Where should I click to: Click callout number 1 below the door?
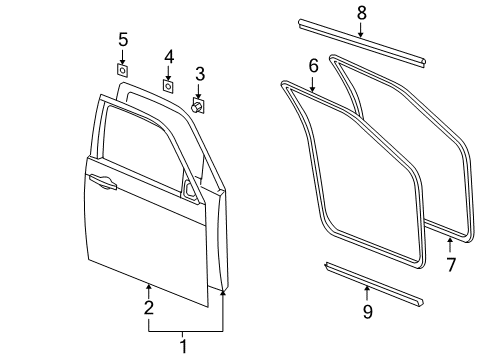tap(183, 346)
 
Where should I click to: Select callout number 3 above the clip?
tap(200, 73)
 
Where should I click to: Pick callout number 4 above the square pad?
tap(169, 56)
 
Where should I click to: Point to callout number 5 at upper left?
tap(123, 40)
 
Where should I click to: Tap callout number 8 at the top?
tap(361, 12)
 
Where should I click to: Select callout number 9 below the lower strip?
tap(367, 313)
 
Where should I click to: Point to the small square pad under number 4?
tap(168, 87)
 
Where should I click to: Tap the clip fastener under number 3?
tap(198, 105)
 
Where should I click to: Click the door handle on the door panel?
tap(102, 181)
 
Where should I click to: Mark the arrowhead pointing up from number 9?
tap(367, 289)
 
